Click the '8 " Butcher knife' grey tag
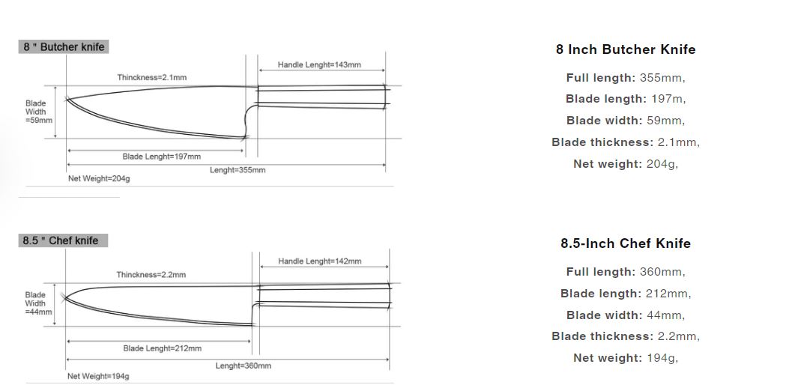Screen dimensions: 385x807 coord(64,46)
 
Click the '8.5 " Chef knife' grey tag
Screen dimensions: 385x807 coord(64,240)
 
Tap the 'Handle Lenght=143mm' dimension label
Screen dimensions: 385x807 coord(319,64)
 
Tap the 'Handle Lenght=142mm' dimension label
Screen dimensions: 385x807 coord(319,261)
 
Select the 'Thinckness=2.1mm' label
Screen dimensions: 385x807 coord(151,77)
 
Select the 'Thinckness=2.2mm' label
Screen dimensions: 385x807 coord(151,275)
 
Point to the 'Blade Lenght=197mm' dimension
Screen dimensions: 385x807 coord(162,157)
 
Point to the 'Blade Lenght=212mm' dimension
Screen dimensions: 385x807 coord(162,348)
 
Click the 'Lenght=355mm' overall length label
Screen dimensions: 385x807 coord(238,170)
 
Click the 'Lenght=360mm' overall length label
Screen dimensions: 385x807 coord(243,366)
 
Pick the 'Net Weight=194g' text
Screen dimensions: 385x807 coord(98,376)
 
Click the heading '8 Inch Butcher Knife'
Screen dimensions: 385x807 coord(626,49)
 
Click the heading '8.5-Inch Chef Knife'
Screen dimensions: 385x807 coord(626,243)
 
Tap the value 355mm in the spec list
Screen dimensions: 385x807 coord(662,77)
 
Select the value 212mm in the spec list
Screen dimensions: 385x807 coord(668,294)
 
